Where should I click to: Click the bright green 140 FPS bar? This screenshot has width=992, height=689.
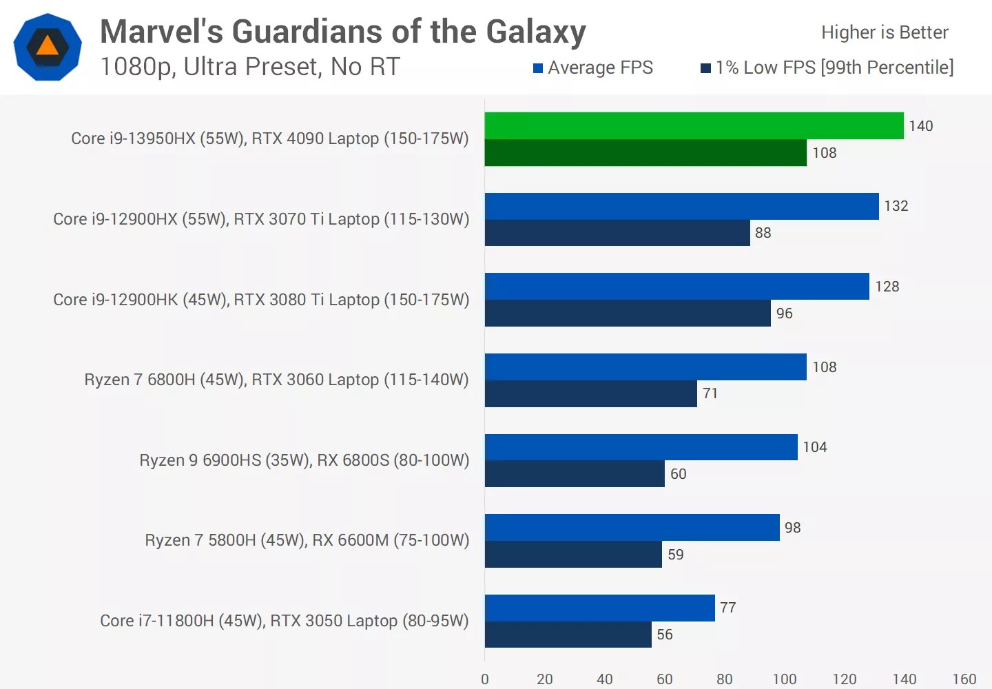pyautogui.click(x=694, y=125)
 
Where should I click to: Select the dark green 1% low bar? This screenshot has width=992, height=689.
pyautogui.click(x=645, y=153)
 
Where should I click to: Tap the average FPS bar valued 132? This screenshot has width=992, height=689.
pyautogui.click(x=681, y=206)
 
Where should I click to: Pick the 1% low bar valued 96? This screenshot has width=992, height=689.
pyautogui.click(x=628, y=313)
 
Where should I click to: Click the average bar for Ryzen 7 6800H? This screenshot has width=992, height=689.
pyautogui.click(x=645, y=367)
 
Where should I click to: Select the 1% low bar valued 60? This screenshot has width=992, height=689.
pyautogui.click(x=575, y=474)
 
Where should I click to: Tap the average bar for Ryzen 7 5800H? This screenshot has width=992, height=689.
pyautogui.click(x=632, y=527)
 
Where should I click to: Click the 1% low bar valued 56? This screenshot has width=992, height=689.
pyautogui.click(x=568, y=635)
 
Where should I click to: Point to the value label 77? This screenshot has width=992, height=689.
pyautogui.click(x=728, y=608)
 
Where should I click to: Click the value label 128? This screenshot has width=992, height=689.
pyautogui.click(x=887, y=287)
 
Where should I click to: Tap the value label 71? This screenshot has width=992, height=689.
pyautogui.click(x=710, y=393)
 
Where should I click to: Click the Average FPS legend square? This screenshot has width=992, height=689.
pyautogui.click(x=538, y=68)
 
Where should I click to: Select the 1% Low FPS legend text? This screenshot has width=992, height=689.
pyautogui.click(x=834, y=68)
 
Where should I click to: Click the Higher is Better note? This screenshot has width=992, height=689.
pyautogui.click(x=885, y=32)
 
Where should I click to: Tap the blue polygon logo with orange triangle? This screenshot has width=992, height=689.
pyautogui.click(x=48, y=47)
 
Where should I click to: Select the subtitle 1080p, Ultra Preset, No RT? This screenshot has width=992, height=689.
pyautogui.click(x=250, y=67)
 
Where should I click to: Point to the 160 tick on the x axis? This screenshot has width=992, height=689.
pyautogui.click(x=964, y=679)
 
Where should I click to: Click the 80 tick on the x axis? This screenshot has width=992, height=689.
pyautogui.click(x=724, y=679)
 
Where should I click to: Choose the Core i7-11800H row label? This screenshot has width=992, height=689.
pyautogui.click(x=284, y=621)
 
